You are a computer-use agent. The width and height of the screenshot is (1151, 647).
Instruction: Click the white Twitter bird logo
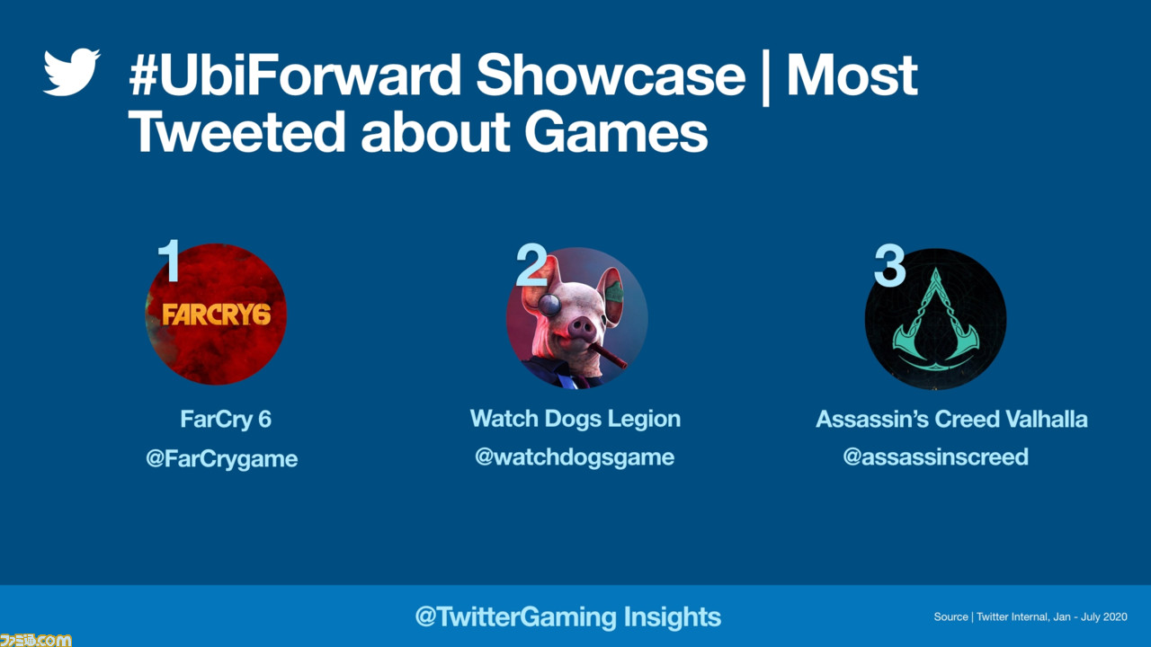click(x=71, y=72)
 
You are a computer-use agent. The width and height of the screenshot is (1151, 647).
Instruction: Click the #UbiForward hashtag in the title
click(x=293, y=75)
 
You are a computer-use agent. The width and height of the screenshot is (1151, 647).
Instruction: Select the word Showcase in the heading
click(x=611, y=75)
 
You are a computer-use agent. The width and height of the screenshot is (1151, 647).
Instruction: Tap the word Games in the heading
click(x=616, y=132)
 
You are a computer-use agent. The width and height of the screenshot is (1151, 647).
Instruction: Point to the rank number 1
click(x=169, y=261)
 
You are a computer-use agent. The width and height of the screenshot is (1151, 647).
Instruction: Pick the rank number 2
click(x=531, y=264)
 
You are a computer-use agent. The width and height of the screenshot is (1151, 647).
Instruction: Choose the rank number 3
click(x=889, y=265)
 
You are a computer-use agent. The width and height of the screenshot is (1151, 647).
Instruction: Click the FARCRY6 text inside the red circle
click(x=217, y=315)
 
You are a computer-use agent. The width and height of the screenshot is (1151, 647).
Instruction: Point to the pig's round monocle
click(x=549, y=305)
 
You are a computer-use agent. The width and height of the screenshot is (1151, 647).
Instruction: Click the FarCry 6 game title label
click(x=226, y=419)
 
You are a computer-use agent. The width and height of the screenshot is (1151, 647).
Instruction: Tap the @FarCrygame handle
click(x=221, y=458)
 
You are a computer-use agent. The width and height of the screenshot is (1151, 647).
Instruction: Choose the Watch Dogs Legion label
click(x=575, y=419)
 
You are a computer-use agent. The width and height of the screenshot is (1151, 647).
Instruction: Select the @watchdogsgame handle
click(x=575, y=456)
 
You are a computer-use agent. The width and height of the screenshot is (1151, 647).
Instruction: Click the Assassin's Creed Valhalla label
click(x=951, y=419)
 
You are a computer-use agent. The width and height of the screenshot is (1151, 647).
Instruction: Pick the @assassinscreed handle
click(x=936, y=456)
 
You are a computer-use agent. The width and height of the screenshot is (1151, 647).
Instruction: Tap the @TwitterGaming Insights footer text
click(x=567, y=616)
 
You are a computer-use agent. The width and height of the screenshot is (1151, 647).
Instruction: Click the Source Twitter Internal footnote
click(x=1031, y=616)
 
